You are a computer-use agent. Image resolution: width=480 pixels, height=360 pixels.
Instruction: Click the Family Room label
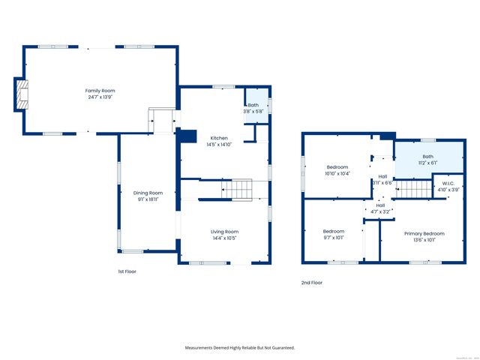click(100, 90)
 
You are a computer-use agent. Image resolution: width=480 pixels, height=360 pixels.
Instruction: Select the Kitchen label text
click(219, 138)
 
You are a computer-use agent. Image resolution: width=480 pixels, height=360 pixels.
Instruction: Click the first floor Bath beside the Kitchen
click(254, 107)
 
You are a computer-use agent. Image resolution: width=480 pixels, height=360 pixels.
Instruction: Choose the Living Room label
click(224, 232)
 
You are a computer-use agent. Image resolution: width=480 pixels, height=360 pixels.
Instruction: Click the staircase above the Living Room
click(238, 190)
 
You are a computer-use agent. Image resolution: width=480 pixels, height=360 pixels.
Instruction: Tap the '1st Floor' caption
click(127, 271)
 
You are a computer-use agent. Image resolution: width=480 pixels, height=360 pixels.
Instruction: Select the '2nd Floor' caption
click(312, 283)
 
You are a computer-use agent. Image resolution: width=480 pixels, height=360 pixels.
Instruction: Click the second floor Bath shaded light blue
click(424, 157)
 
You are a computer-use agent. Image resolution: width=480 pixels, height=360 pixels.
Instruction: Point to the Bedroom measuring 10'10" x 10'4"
click(338, 169)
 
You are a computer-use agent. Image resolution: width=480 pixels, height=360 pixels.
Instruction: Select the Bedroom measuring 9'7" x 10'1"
click(334, 234)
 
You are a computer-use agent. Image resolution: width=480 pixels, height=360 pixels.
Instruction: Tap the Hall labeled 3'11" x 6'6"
click(382, 179)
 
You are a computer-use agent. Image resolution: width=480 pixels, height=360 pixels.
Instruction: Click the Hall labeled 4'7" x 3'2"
click(380, 208)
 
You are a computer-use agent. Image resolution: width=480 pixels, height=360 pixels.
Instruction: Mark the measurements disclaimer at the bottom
click(240, 348)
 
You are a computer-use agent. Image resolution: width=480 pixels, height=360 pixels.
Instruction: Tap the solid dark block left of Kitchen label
click(187, 136)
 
